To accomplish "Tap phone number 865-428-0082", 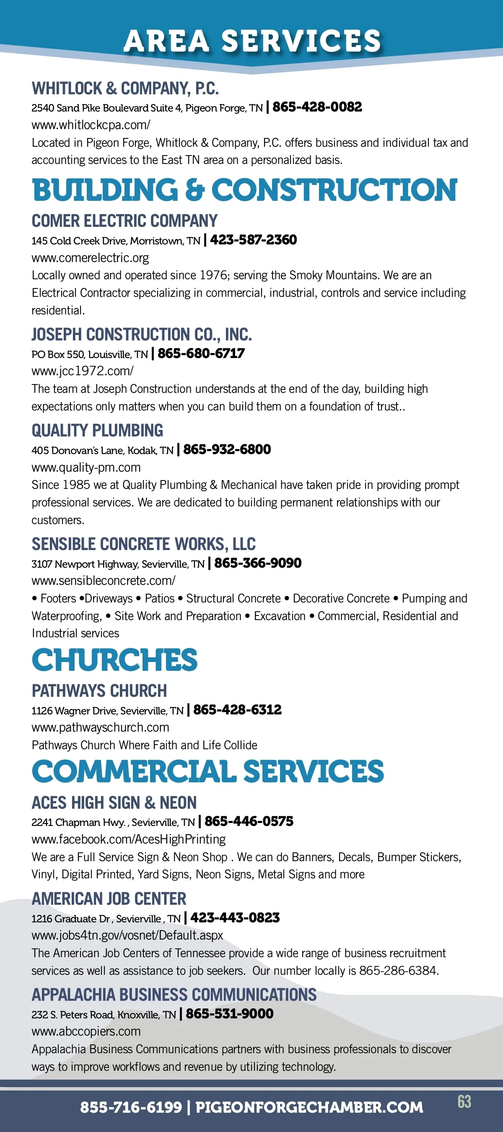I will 317,107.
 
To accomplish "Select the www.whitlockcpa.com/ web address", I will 91,125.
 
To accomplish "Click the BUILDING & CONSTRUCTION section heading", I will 244,190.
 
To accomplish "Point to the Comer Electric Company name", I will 124,221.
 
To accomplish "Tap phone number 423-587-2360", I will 253,240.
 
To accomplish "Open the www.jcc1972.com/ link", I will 83,371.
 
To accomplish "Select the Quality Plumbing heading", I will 97,430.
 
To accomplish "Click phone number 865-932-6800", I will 227,449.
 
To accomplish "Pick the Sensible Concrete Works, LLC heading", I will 143,544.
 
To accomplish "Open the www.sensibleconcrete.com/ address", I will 103,581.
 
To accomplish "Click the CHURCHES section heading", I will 115,659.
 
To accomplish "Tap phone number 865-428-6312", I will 237,710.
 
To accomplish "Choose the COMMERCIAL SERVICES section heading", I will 208,771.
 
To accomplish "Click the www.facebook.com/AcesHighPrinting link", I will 128,839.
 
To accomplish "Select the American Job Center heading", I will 109,898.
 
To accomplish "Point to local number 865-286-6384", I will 398,970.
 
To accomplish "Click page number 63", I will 464,1101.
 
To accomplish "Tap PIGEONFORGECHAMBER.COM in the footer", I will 309,1107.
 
